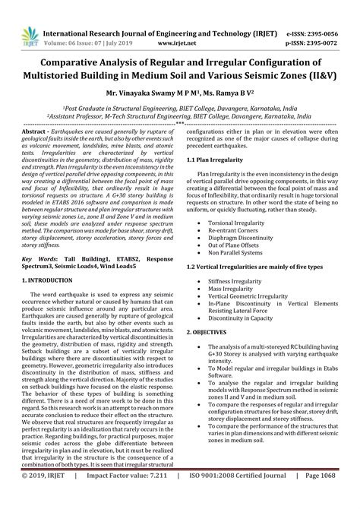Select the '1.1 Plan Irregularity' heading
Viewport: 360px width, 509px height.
213,161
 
